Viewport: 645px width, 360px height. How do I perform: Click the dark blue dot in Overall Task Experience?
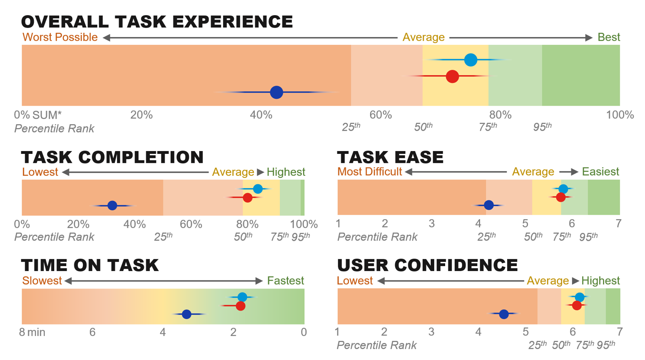[277, 92]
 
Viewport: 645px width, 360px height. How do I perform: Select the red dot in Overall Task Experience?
[452, 76]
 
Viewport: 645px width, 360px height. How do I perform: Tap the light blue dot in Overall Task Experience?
[471, 60]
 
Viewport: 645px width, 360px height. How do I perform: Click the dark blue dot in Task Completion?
[112, 206]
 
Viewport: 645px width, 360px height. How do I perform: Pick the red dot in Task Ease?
[561, 197]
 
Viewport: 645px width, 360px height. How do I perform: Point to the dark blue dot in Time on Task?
[186, 314]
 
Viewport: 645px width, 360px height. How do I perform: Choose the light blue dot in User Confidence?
[579, 297]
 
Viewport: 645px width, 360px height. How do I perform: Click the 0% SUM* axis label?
[38, 115]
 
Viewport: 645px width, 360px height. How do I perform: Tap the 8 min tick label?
[32, 332]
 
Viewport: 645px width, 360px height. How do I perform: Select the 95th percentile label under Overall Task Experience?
[542, 127]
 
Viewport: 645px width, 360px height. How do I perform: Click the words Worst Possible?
[60, 37]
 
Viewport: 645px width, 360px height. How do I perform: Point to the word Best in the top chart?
[609, 37]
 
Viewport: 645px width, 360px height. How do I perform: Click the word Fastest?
[286, 281]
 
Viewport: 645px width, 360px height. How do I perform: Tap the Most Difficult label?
[370, 172]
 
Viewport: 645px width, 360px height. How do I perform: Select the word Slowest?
[42, 281]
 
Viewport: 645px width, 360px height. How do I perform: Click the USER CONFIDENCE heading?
[427, 265]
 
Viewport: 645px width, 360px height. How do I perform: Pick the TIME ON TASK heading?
[90, 265]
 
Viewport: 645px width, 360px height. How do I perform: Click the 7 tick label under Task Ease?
[618, 224]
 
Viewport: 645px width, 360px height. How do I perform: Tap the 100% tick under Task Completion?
[304, 224]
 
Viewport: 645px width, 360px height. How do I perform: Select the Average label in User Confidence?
[547, 281]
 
